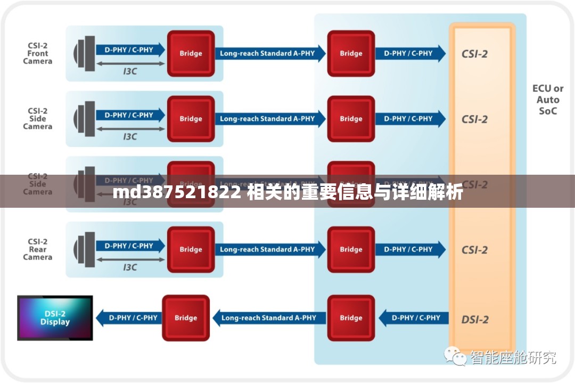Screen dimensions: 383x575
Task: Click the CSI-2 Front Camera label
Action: point(38,53)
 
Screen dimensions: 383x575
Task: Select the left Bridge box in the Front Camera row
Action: point(191,53)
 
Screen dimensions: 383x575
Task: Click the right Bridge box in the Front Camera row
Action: point(351,53)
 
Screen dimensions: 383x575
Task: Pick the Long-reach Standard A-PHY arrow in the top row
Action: point(269,53)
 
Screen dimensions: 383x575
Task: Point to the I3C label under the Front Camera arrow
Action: point(130,71)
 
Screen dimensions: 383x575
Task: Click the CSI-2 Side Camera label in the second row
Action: point(38,119)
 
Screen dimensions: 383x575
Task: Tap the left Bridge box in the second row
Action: point(191,119)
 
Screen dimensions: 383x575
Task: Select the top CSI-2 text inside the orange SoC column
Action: point(474,54)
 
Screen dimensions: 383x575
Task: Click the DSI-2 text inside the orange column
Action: point(474,319)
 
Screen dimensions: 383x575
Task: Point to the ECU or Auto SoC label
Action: point(548,100)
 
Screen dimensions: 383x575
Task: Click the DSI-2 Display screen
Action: point(55,317)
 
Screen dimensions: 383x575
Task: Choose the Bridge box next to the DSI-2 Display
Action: point(185,318)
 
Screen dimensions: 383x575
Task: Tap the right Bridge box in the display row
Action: point(351,318)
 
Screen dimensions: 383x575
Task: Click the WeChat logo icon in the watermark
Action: point(456,356)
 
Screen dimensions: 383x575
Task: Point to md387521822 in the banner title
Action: point(176,193)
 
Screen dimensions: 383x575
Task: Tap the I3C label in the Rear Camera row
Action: point(130,267)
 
